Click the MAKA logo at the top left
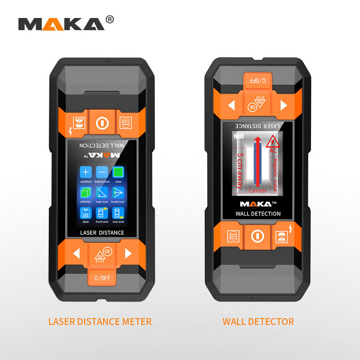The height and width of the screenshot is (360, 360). tap(61, 23)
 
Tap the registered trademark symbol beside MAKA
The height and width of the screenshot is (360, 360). tap(109, 19)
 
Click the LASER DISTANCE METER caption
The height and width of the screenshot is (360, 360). tap(100, 321)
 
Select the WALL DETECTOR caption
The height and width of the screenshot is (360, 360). tap(258, 321)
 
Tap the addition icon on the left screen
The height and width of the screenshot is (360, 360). tap(86, 172)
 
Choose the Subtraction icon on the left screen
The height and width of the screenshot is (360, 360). tap(102, 172)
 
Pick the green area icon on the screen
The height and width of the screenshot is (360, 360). tap(118, 172)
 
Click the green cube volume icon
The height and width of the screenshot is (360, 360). tap(86, 193)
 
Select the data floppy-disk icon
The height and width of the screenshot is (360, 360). tap(86, 213)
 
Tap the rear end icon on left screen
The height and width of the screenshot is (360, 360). tap(118, 213)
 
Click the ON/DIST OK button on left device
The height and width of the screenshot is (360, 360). tap(102, 255)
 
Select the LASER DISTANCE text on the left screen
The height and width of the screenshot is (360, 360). tap(102, 233)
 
